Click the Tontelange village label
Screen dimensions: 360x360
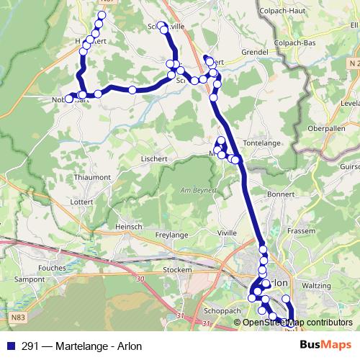[269, 143]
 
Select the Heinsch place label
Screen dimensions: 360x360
[129, 226]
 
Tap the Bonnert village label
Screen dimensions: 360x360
[281, 194]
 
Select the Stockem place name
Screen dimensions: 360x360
[177, 269]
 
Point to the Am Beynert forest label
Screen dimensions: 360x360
[195, 190]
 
